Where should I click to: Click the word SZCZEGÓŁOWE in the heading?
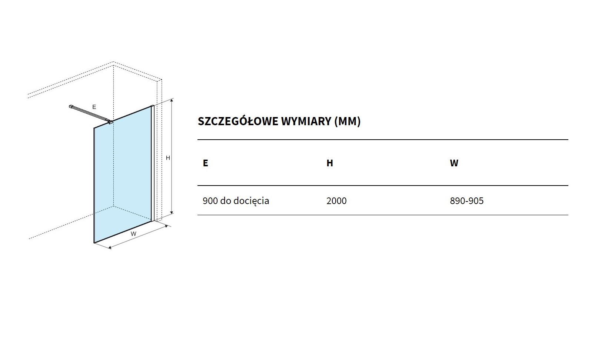coord(238,121)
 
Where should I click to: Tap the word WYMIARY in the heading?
coord(306,121)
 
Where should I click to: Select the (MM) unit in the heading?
coord(347,121)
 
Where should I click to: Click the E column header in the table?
coord(205,163)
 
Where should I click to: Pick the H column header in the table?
coord(330,163)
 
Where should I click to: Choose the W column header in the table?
coord(454,163)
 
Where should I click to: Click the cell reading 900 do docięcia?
coord(236,201)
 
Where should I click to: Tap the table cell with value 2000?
coord(336,201)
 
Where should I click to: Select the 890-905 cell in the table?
coord(466,201)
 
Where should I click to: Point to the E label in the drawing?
coord(94,107)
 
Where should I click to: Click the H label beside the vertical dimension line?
coord(168,158)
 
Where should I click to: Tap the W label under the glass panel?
coord(133,234)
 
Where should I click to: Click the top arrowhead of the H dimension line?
coord(172,100)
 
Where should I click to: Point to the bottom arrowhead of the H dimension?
coord(172,213)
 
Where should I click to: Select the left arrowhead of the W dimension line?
coord(110,247)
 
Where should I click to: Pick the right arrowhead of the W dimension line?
coord(166,226)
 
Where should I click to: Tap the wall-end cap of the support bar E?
coord(71,106)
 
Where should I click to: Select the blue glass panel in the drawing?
coord(123,175)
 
